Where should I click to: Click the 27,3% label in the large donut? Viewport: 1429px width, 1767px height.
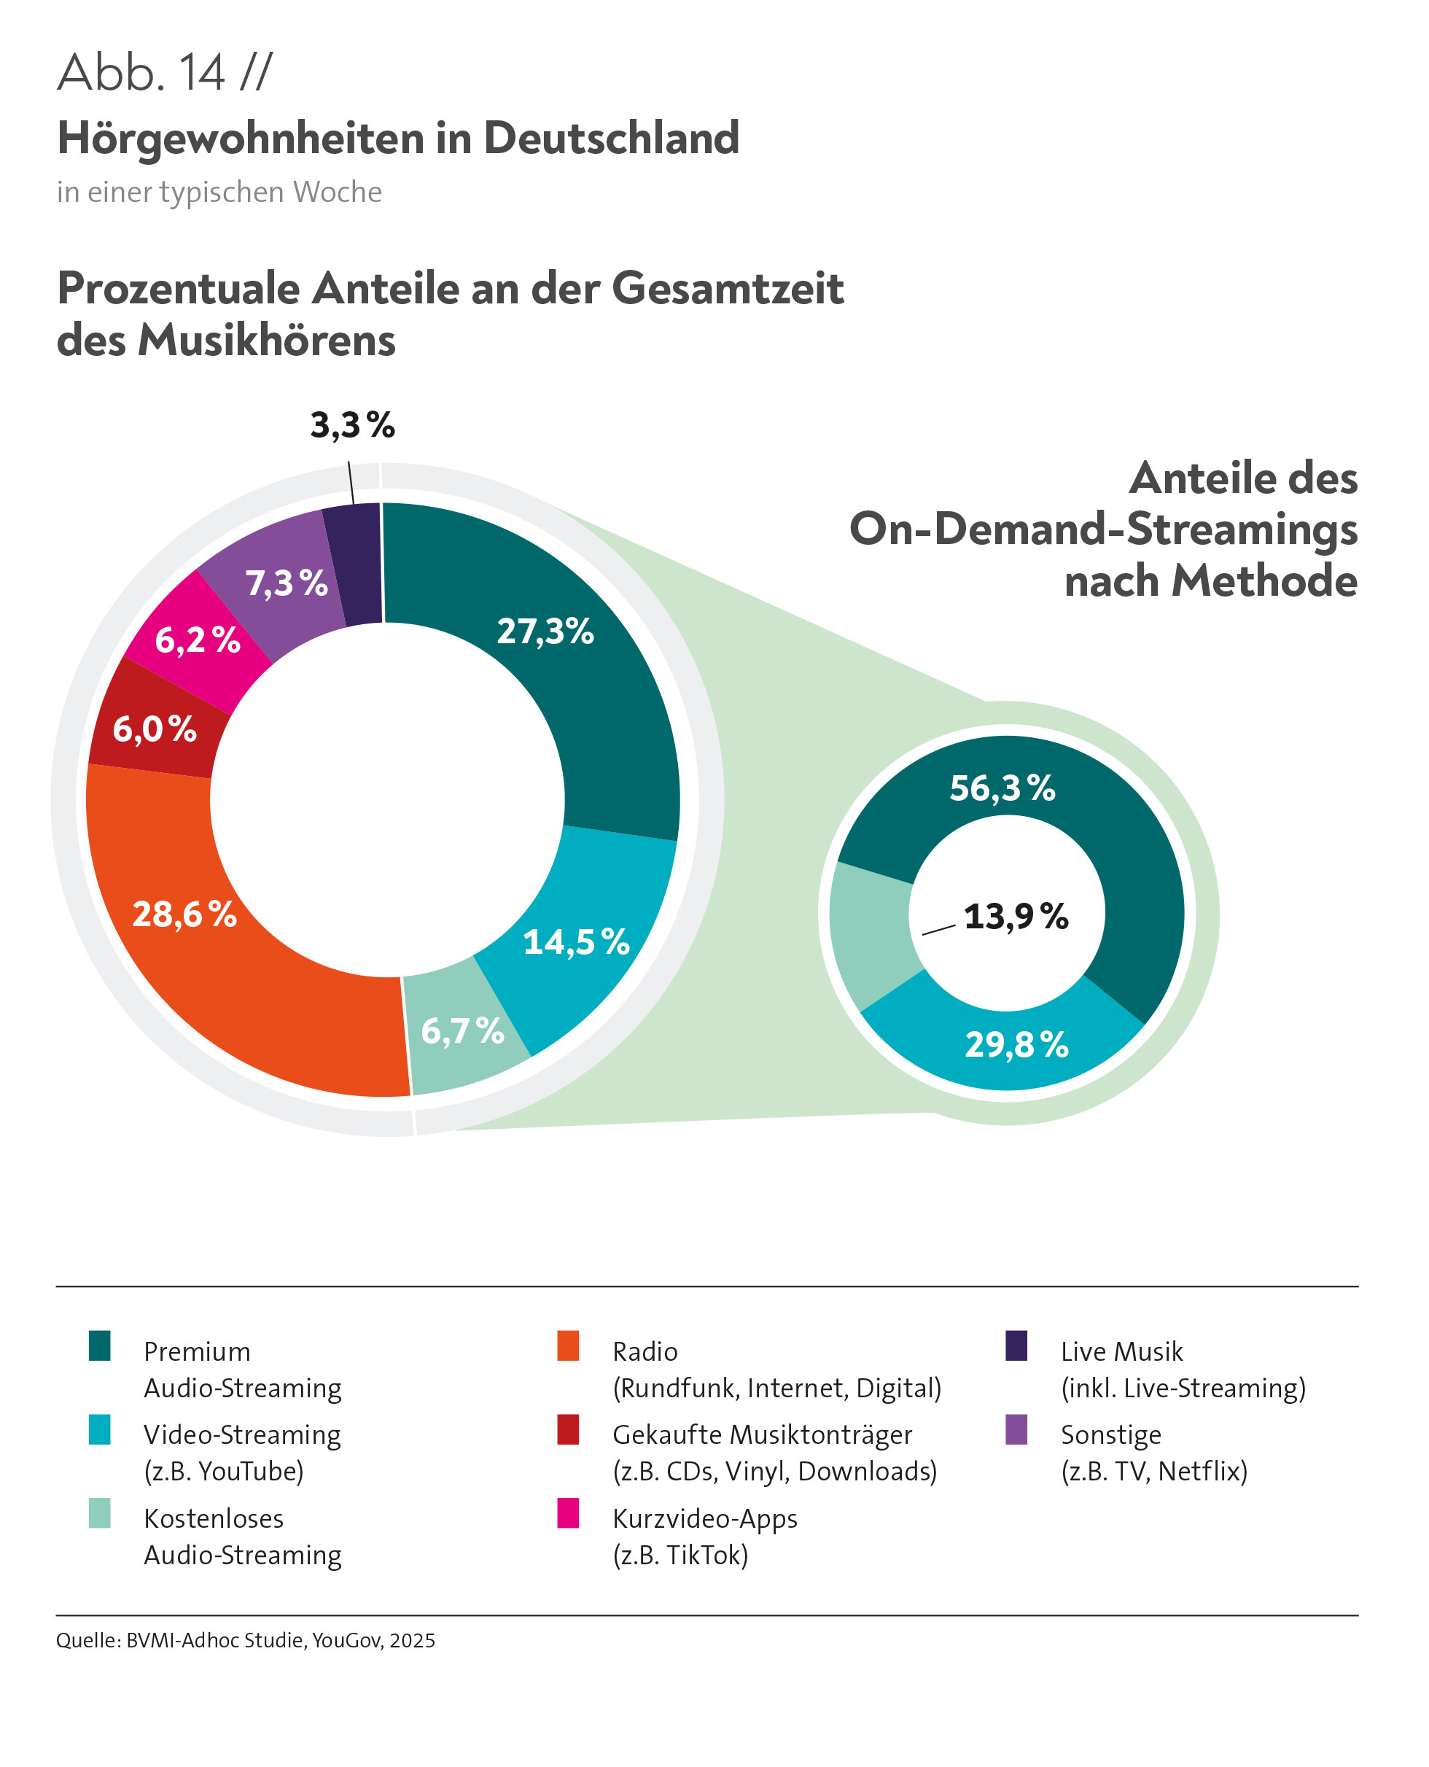[x=545, y=632]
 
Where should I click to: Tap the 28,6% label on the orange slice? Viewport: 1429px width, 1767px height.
[x=184, y=914]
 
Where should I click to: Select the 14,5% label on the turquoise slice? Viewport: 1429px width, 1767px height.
[x=576, y=942]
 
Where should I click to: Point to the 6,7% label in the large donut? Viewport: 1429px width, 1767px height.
[x=463, y=1031]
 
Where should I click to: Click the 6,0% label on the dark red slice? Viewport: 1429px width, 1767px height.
[x=155, y=729]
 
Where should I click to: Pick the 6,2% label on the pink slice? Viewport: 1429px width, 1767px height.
[x=198, y=640]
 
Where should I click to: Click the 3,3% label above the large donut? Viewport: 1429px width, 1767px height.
[x=352, y=425]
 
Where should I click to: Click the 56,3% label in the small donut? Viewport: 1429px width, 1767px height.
[x=1002, y=788]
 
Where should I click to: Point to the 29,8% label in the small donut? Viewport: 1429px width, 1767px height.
[x=1016, y=1045]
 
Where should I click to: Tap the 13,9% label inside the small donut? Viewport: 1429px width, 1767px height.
[x=1016, y=917]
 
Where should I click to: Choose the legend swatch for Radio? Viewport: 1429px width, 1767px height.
[x=568, y=1345]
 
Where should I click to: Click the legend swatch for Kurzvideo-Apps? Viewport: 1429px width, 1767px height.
[x=568, y=1512]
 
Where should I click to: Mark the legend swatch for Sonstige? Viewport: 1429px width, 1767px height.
[x=1016, y=1429]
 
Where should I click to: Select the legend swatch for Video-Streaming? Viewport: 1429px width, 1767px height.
[x=100, y=1429]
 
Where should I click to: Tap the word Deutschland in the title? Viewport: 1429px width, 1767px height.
[x=611, y=138]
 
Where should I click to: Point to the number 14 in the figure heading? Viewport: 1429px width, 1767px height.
[x=202, y=72]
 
